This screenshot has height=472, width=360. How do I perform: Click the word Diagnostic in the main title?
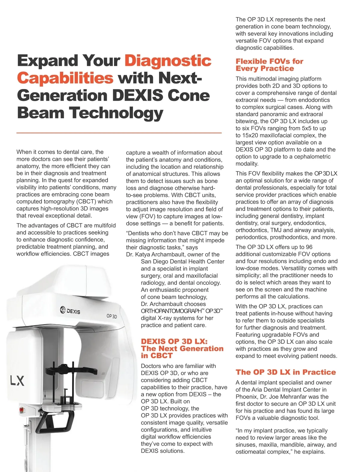pos(168,61)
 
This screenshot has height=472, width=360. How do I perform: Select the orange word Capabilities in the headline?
pos(65,78)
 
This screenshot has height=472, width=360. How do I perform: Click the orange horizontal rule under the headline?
pos(119,132)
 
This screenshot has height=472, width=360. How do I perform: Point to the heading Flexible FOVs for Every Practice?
pos(269,65)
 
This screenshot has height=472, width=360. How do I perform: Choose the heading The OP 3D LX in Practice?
pos(286,372)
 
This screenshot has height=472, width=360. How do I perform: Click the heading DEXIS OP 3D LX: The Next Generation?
pos(182,349)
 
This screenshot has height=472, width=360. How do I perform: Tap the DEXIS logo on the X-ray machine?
pos(70,310)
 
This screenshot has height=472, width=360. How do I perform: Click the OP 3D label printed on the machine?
pos(112,316)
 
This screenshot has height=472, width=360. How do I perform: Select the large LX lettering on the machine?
pos(17,381)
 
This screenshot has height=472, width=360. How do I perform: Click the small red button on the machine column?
pos(21,409)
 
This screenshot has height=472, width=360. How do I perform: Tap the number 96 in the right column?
pos(309,247)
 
